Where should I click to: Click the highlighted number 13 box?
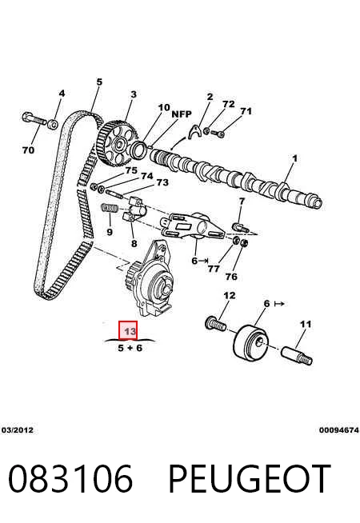pos(128,330)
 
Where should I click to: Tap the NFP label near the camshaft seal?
pos(182,114)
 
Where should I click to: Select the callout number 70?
pos(28,150)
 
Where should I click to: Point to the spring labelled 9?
pos(110,208)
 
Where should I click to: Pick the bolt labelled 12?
pos(215,323)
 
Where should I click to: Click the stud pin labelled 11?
pos(297,356)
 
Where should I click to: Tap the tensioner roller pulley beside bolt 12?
pos(250,342)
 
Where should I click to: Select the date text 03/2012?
pos(18,430)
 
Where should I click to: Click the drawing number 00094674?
pos(338,430)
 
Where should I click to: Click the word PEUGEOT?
pos(250,479)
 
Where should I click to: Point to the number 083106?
pos(70,479)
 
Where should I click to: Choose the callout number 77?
pos(214,269)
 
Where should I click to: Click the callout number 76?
pos(231,277)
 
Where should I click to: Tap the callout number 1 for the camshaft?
pos(294,158)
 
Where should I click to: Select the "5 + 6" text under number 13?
pos(130,348)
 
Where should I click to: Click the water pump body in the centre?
pos(153,281)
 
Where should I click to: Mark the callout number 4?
pos(62,94)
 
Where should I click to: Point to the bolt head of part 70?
pos(26,118)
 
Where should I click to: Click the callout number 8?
pos(134,243)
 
